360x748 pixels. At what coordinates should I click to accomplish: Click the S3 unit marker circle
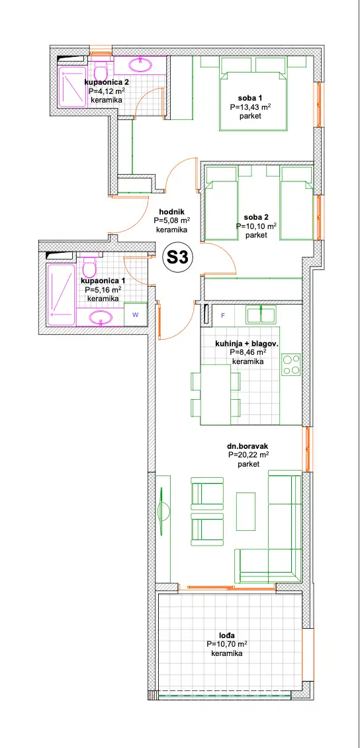[x=178, y=258]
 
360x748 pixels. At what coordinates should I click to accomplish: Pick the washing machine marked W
[x=136, y=314]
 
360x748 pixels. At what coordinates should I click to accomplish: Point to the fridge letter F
[x=222, y=315]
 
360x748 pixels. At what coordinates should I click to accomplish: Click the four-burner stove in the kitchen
[x=291, y=365]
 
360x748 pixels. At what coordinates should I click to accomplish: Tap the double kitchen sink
[x=261, y=315]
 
